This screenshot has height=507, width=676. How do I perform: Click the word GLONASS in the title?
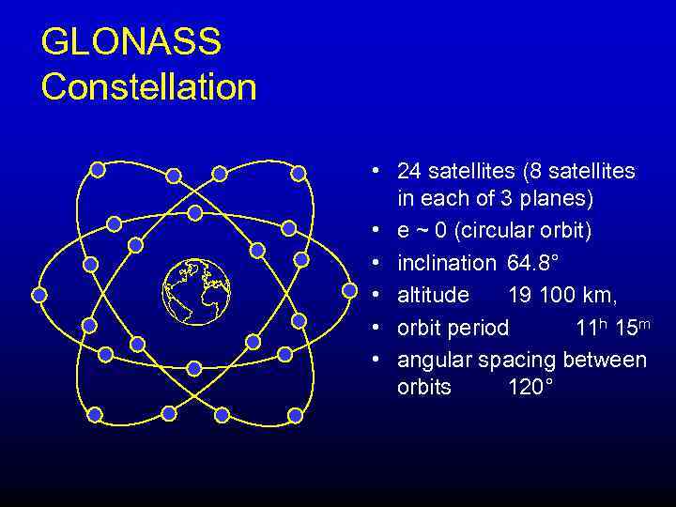click(x=131, y=42)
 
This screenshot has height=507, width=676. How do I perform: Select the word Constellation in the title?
click(x=148, y=87)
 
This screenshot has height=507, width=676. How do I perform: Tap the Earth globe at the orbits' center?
click(x=195, y=290)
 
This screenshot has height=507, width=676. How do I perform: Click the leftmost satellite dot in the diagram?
click(x=39, y=294)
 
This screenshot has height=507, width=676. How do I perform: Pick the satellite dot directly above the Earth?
click(x=194, y=212)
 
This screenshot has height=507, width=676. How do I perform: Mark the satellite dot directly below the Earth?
click(x=194, y=368)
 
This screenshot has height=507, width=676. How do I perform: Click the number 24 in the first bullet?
click(x=409, y=171)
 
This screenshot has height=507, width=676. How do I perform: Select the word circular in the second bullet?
click(x=497, y=230)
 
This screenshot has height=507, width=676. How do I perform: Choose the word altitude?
click(x=433, y=295)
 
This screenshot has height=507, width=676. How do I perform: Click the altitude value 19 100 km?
click(x=561, y=295)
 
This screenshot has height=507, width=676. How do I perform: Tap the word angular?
click(x=435, y=361)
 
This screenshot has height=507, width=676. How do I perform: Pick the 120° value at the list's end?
click(x=531, y=387)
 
